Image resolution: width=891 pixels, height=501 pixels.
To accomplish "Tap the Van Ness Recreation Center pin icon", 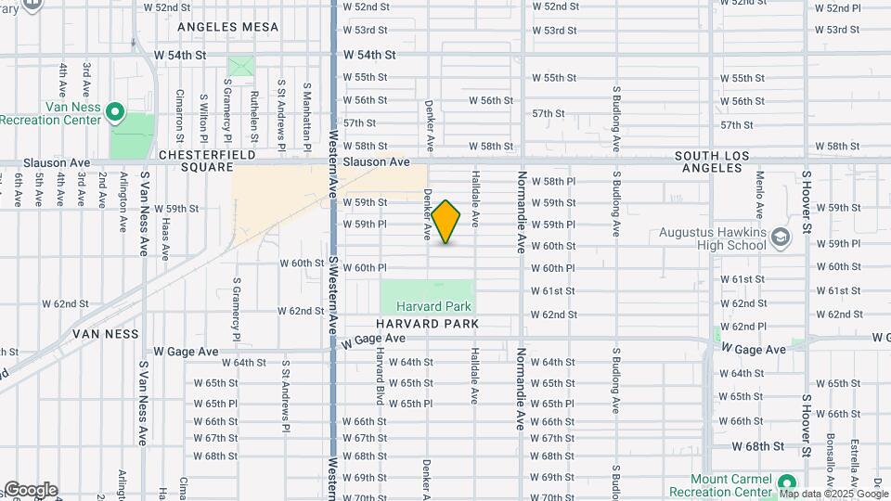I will tap(115, 112).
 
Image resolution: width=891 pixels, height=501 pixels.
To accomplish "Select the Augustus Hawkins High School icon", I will tap(780, 237).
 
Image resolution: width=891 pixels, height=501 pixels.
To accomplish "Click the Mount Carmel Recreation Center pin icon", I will tap(787, 482).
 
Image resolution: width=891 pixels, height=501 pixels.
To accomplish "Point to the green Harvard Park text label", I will tap(433, 306).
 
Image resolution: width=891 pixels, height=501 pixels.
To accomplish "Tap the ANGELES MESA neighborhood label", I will tap(227, 27).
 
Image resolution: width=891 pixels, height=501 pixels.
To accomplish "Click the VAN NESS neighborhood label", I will tap(108, 333).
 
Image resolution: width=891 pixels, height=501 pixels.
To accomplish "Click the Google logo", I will tap(30, 490).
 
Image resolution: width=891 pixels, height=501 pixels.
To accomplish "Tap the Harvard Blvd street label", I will tap(380, 382).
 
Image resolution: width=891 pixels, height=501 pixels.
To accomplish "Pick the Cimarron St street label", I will tap(180, 109).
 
